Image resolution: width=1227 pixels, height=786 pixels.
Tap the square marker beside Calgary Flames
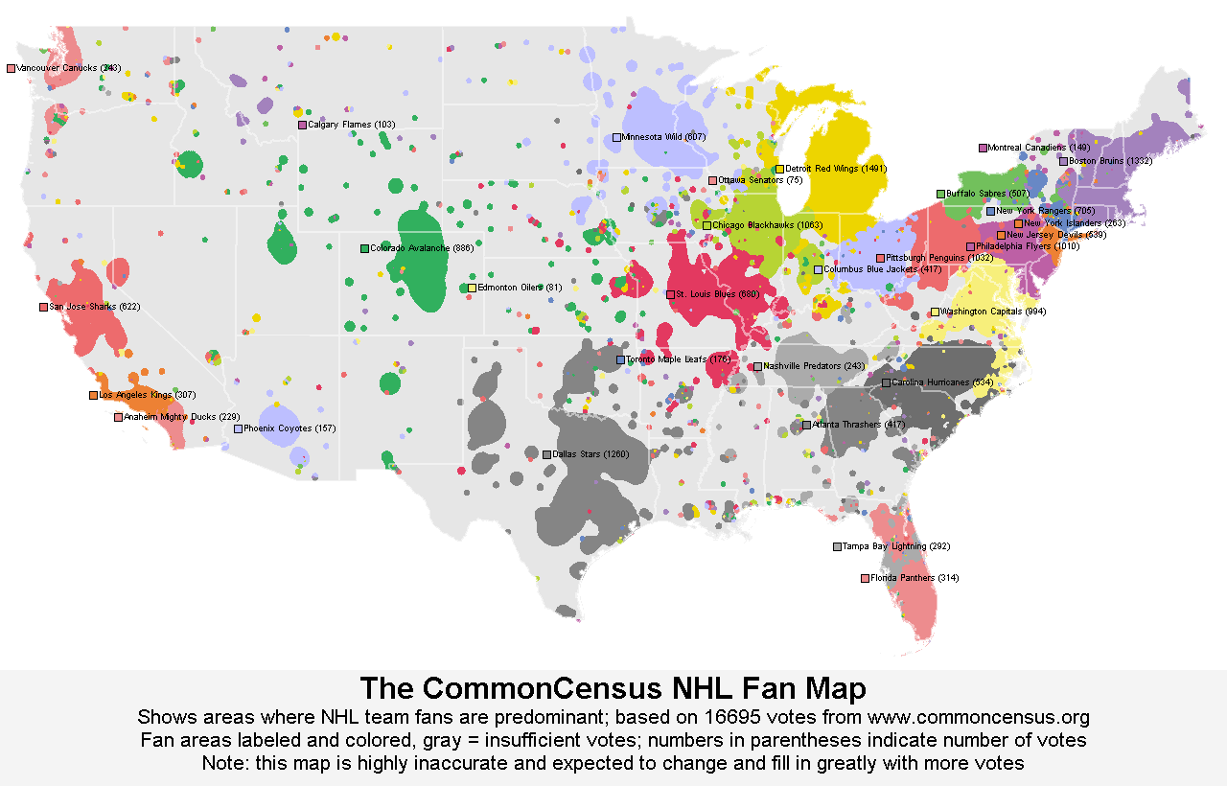302,125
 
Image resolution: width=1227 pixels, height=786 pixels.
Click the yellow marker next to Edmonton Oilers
472,288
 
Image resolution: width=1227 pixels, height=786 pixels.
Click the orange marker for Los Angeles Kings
93,395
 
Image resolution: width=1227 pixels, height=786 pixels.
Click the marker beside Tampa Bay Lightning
837,546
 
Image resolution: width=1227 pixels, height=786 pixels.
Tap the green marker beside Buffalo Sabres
940,194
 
